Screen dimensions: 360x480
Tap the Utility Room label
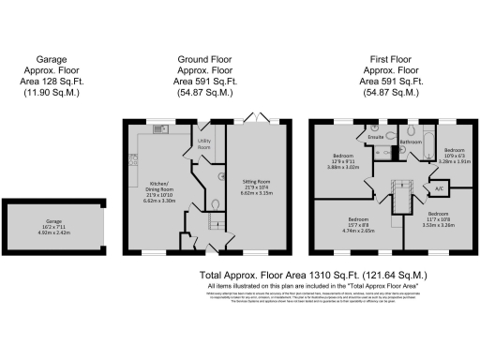coord(203,146)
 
